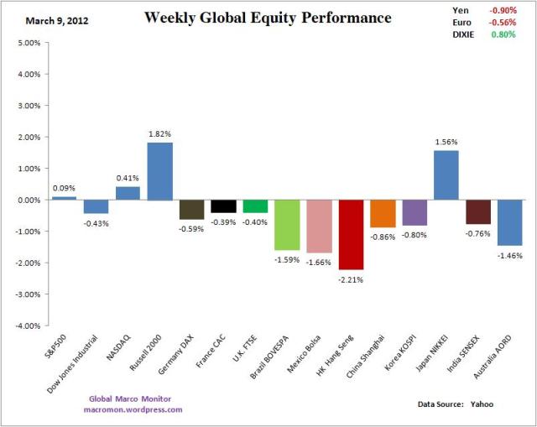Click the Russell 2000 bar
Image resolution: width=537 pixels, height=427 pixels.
tap(159, 171)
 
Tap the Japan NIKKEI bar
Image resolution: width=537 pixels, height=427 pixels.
tap(446, 175)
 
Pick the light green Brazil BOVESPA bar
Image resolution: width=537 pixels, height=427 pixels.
tap(287, 225)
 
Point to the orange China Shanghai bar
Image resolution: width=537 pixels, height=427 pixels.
tap(383, 213)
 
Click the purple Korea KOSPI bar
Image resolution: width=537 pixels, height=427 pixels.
tap(414, 212)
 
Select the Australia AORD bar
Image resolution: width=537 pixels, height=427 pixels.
tap(510, 222)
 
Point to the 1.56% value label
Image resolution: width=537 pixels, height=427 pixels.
tap(446, 143)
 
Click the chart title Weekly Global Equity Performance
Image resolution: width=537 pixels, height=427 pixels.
tap(268, 17)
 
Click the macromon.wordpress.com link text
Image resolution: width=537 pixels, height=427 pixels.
tap(134, 409)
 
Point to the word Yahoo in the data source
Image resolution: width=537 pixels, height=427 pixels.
tap(481, 404)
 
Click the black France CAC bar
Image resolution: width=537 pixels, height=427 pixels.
tap(223, 206)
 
